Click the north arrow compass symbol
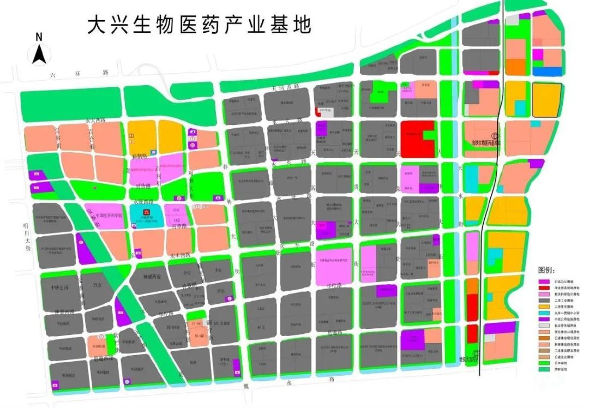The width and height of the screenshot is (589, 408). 39,54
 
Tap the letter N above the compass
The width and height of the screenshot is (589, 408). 39,37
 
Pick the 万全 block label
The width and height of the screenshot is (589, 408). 98,285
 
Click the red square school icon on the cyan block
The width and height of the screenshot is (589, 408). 145,212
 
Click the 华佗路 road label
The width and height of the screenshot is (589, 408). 335,285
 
